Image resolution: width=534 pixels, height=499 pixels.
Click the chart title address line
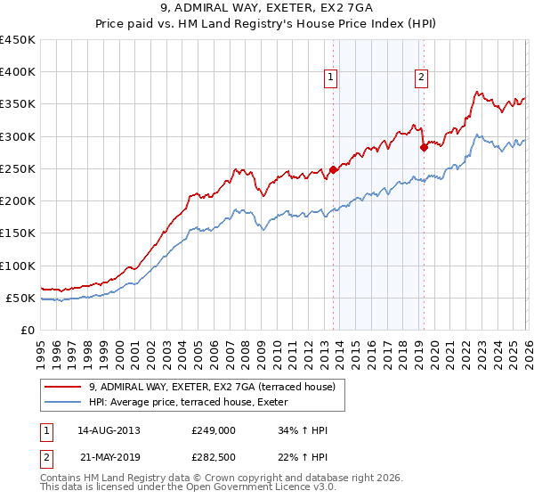click(x=267, y=8)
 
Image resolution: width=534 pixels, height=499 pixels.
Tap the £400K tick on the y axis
click(x=18, y=72)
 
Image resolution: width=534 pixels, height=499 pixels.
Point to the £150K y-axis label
click(x=18, y=233)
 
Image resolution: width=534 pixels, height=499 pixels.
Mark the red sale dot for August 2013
click(x=333, y=169)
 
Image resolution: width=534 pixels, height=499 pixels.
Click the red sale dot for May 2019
click(x=424, y=148)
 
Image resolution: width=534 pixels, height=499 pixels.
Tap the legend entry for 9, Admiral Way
click(x=212, y=387)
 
